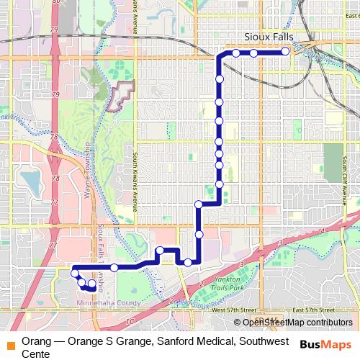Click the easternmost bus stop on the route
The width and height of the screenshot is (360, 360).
click(x=286, y=51)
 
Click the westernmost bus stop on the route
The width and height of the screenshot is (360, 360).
click(x=74, y=274)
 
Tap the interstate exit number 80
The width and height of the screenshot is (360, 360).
click(x=57, y=4)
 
